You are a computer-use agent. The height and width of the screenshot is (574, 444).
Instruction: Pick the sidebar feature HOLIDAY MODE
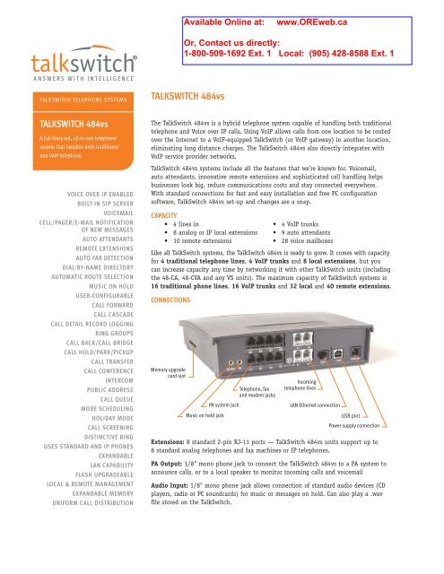click(105, 443)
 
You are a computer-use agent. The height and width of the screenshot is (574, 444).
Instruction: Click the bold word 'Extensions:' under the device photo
click(174, 467)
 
